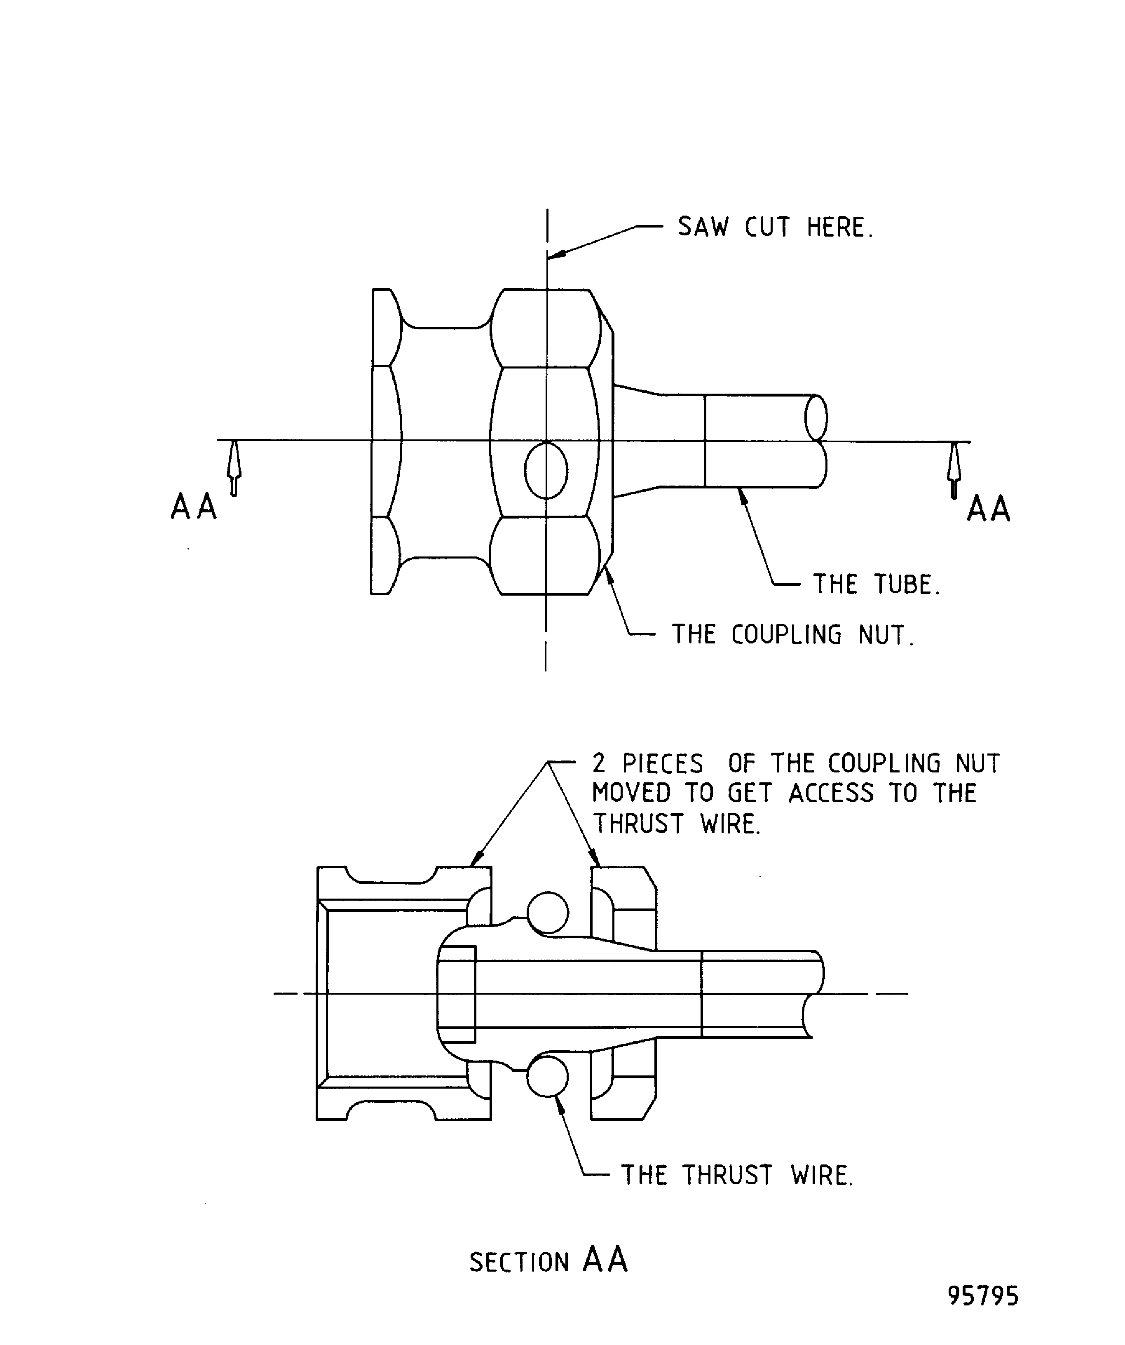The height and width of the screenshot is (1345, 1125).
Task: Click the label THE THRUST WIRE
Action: tap(737, 1176)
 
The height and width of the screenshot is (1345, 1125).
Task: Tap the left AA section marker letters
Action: tap(193, 508)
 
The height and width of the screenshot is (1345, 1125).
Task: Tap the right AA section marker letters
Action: tap(988, 510)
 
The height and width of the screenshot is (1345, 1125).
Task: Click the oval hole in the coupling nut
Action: tap(546, 471)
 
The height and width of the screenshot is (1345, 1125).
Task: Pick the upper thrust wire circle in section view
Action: tap(547, 913)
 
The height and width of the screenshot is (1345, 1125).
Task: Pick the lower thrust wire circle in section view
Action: tap(547, 1077)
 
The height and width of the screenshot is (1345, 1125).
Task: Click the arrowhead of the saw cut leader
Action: tap(556, 255)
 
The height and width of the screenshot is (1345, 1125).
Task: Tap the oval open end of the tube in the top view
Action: tap(816, 417)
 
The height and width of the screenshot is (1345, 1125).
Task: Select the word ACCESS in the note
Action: tap(830, 793)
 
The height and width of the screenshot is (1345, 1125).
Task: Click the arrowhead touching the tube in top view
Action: tap(743, 495)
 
